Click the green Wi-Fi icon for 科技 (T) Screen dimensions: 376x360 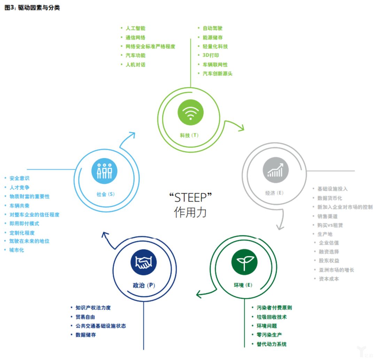click(x=190, y=112)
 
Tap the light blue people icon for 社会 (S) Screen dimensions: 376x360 click(x=104, y=171)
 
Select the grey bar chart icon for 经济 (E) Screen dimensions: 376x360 click(x=276, y=170)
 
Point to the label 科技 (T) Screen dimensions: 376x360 click(x=189, y=135)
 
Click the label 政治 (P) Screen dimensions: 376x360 click(x=144, y=285)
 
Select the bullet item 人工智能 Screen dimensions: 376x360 click(x=135, y=28)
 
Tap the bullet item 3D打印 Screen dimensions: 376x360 click(x=211, y=55)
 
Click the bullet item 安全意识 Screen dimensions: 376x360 click(x=19, y=178)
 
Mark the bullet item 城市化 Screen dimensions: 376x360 click(x=17, y=250)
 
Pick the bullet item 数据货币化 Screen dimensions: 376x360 click(x=329, y=198)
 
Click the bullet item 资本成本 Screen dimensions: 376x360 click(x=329, y=279)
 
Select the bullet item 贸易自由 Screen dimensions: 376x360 click(x=85, y=317)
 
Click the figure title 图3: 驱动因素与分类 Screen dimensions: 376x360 click(x=32, y=8)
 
